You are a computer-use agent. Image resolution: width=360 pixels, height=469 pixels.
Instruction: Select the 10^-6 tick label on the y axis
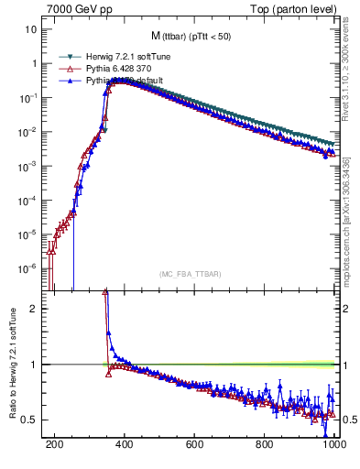[28, 268]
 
